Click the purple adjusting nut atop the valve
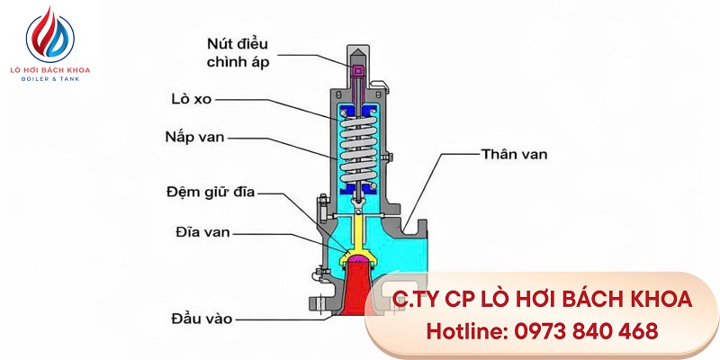pyautogui.click(x=357, y=71)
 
